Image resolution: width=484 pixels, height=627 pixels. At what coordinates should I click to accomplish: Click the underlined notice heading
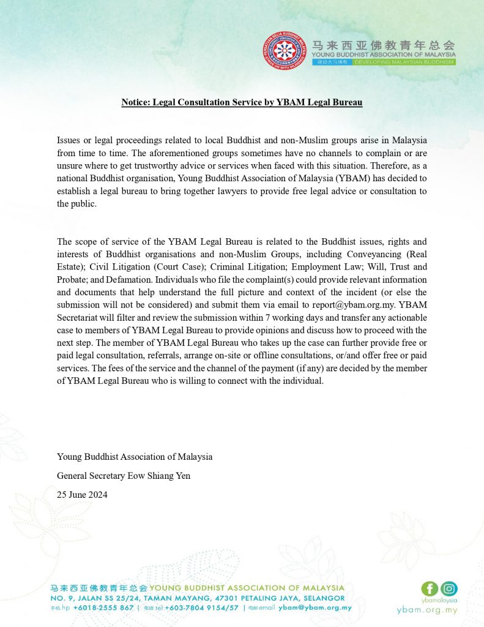pyautogui.click(x=242, y=102)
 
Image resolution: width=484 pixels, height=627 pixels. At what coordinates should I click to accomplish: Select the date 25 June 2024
pyautogui.click(x=82, y=495)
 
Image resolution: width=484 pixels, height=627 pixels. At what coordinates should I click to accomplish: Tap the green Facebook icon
pyautogui.click(x=430, y=589)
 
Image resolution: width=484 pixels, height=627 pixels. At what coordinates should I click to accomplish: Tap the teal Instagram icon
pyautogui.click(x=449, y=589)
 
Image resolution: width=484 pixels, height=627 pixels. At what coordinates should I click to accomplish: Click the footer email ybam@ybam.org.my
pyautogui.click(x=315, y=607)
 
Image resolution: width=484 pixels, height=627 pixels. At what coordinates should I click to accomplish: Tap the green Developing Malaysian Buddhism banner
pyautogui.click(x=404, y=62)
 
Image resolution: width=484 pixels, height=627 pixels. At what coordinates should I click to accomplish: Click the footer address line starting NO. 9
pyautogui.click(x=197, y=598)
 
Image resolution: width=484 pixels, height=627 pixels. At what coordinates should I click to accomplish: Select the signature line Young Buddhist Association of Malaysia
pyautogui.click(x=135, y=457)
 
